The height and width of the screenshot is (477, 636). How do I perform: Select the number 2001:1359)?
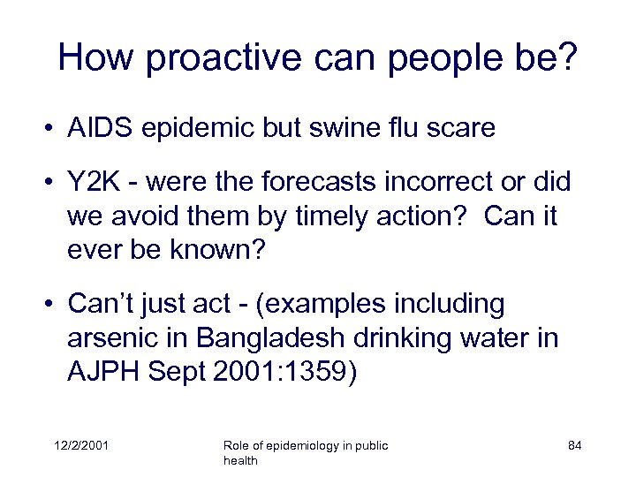tap(284, 372)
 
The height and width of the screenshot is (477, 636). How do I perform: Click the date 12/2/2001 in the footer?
tap(80, 446)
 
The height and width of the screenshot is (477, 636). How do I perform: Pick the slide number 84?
tap(574, 446)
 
